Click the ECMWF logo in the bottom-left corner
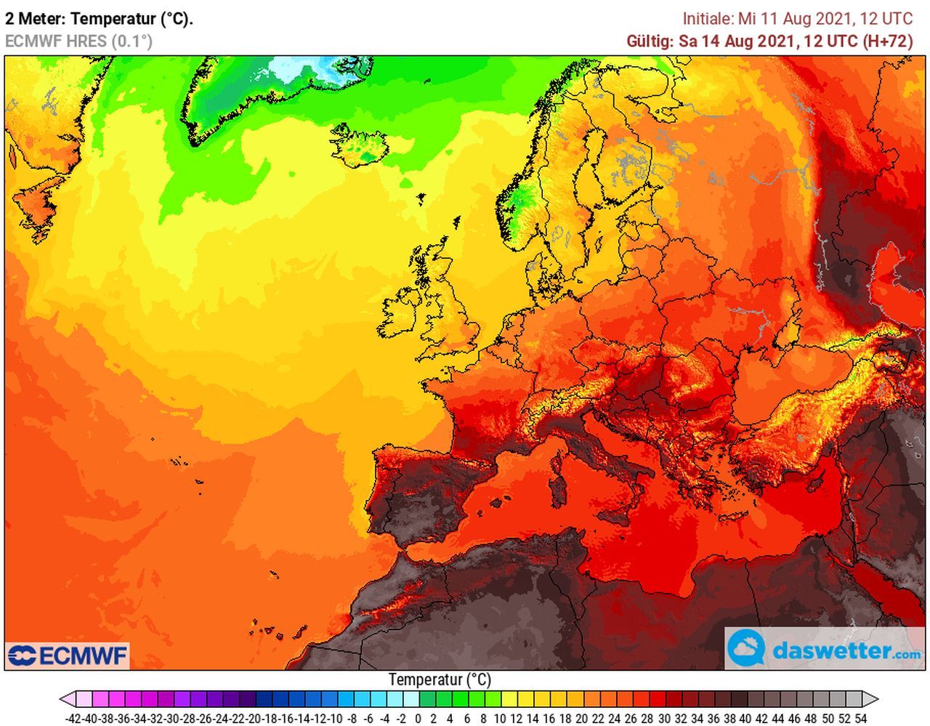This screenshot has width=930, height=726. tap(68, 656)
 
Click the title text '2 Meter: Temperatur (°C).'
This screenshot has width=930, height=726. tap(99, 19)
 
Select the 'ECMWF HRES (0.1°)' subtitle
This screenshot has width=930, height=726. tap(78, 41)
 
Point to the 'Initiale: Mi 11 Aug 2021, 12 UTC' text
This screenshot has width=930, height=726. tap(797, 19)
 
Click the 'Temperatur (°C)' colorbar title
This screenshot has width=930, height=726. tap(440, 679)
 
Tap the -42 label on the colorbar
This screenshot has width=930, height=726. tap(73, 719)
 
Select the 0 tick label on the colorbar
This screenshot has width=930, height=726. tap(418, 719)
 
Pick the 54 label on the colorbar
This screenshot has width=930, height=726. tap(861, 719)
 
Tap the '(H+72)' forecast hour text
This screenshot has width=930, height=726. tap(887, 41)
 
